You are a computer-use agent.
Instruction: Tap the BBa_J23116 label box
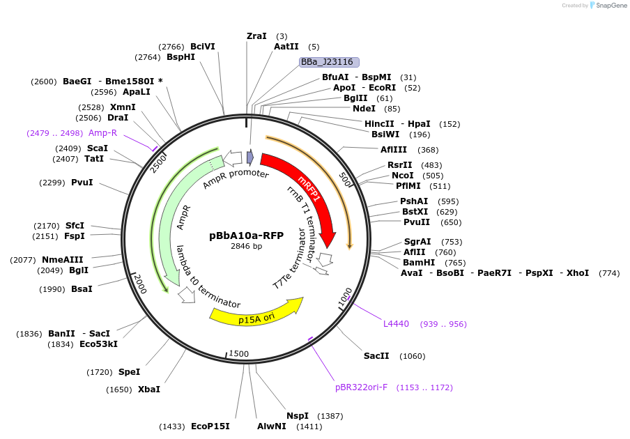(329, 62)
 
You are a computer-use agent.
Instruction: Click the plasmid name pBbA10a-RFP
(247, 236)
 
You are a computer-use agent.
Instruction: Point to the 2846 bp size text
(247, 246)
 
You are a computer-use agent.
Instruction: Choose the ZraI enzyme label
(256, 36)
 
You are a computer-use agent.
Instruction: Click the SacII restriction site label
(376, 356)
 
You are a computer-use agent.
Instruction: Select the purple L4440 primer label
(396, 324)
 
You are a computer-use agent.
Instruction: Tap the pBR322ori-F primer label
(361, 387)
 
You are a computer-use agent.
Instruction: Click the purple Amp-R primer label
(102, 133)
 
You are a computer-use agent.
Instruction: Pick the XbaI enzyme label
(148, 390)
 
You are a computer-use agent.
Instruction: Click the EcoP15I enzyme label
(210, 426)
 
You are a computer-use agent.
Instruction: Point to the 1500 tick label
(238, 354)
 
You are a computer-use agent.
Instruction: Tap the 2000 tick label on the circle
(139, 284)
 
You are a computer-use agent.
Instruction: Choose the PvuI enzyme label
(82, 183)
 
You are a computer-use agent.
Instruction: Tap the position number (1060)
(412, 357)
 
